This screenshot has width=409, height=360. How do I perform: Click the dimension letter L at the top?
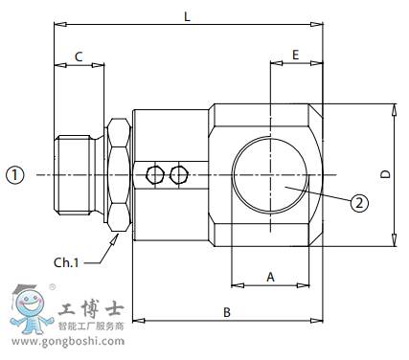pyautogui.click(x=187, y=17)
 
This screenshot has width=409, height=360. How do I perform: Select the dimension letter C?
pyautogui.click(x=78, y=56)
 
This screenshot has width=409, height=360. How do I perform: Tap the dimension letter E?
pyautogui.click(x=295, y=56)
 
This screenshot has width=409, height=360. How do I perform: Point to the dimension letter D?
pyautogui.click(x=385, y=174)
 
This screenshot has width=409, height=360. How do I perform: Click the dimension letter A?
pyautogui.click(x=270, y=276)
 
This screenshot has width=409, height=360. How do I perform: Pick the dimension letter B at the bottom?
pyautogui.click(x=227, y=312)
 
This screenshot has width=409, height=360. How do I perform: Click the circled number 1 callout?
pyautogui.click(x=14, y=174)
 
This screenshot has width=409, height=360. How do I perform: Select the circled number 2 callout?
pyautogui.click(x=358, y=202)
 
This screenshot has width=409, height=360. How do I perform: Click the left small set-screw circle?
pyautogui.click(x=156, y=174)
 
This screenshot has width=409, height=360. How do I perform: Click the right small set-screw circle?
pyautogui.click(x=177, y=174)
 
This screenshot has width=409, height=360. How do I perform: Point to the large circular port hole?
pyautogui.click(x=271, y=174)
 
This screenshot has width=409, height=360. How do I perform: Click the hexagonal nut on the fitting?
pyautogui.click(x=117, y=174)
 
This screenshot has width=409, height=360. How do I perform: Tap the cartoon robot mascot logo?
pyautogui.click(x=29, y=309)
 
